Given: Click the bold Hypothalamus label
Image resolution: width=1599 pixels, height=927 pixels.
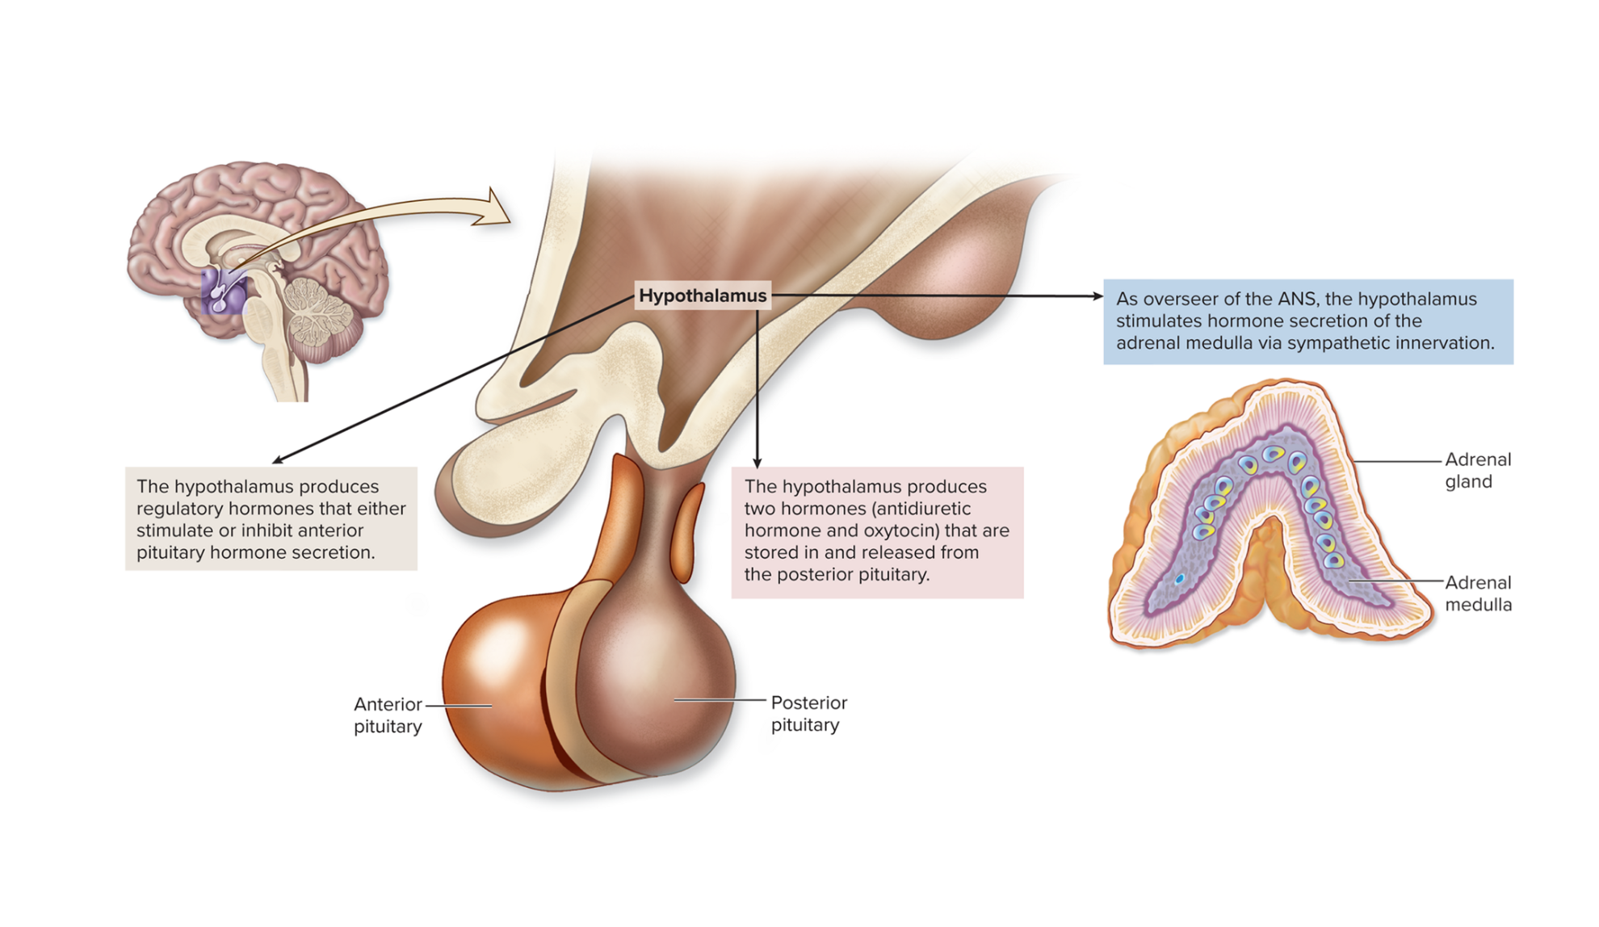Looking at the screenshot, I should coord(702,296).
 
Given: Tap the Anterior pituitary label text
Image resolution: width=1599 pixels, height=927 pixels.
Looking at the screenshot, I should coord(388,715).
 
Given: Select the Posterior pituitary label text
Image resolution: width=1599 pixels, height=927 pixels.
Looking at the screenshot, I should coord(808,713).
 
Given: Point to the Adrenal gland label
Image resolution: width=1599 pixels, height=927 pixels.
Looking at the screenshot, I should coord(1477,470).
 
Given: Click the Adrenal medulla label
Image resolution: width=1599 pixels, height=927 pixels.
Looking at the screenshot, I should coord(1477,594).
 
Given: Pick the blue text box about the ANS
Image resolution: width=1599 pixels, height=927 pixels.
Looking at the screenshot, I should coord(1307,321).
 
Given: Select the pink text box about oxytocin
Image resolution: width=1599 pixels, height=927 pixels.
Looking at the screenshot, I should coord(877,531).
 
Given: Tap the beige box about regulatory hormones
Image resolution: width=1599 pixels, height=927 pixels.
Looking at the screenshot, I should coord(271,518).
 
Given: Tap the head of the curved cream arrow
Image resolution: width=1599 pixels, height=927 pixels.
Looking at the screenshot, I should coord(494,210).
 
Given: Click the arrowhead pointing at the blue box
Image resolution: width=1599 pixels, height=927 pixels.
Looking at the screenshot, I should coord(1097,296).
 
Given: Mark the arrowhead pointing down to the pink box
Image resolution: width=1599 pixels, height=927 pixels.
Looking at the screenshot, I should coord(758,463).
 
